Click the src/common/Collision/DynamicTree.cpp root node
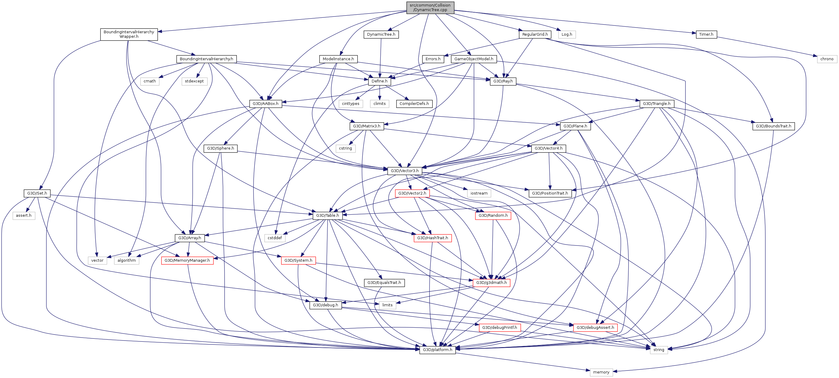[x=430, y=7]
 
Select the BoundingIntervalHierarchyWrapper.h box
[x=129, y=34]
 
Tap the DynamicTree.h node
[x=381, y=34]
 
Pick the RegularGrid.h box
[x=535, y=34]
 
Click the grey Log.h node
[x=567, y=34]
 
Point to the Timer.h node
[x=706, y=34]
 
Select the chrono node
[x=827, y=59]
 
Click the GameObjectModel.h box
[x=474, y=59]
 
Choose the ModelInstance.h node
[x=338, y=59]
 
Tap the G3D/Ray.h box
[x=503, y=81]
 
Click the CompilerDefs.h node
[x=414, y=103]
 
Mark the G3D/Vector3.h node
[x=405, y=171]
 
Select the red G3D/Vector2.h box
[x=412, y=193]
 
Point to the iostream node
[x=479, y=193]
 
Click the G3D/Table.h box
[x=327, y=215]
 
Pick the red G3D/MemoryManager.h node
[x=187, y=260]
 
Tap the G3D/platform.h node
[x=437, y=350]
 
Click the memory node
[x=601, y=372]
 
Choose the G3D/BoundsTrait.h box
[x=773, y=126]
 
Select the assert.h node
[x=24, y=215]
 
